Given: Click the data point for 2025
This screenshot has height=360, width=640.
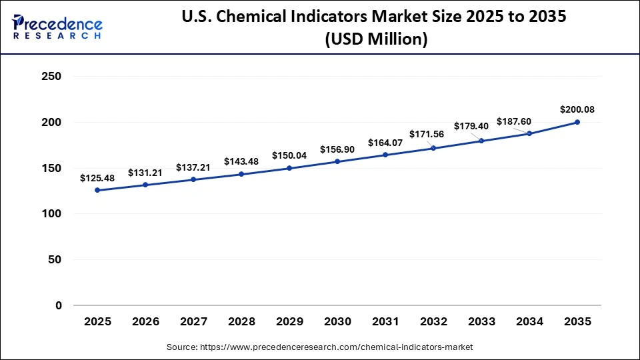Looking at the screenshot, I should (97, 190).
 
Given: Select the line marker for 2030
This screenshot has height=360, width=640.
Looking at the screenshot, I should (337, 161).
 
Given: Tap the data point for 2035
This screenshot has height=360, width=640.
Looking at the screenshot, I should (577, 122).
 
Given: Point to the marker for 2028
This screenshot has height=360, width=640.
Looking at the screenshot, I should (241, 174).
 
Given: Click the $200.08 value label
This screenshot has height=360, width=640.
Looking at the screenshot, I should (577, 109).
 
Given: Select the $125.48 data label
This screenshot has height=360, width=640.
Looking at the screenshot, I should (97, 178).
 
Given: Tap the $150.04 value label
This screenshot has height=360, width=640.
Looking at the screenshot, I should (289, 155).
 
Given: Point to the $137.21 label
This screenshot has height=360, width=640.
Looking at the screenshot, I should (193, 167).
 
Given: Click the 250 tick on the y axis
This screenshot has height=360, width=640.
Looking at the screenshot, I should (51, 77).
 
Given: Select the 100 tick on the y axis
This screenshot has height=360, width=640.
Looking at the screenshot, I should (51, 214).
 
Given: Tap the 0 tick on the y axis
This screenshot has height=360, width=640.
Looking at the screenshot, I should (58, 305).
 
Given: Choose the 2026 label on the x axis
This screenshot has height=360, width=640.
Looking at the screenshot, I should (145, 321).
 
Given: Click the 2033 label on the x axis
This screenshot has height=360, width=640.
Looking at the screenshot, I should (481, 321).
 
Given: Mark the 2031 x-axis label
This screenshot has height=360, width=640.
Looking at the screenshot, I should (385, 321).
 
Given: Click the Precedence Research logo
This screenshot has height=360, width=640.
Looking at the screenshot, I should (57, 26).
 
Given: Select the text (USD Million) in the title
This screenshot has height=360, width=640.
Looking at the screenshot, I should (376, 39).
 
